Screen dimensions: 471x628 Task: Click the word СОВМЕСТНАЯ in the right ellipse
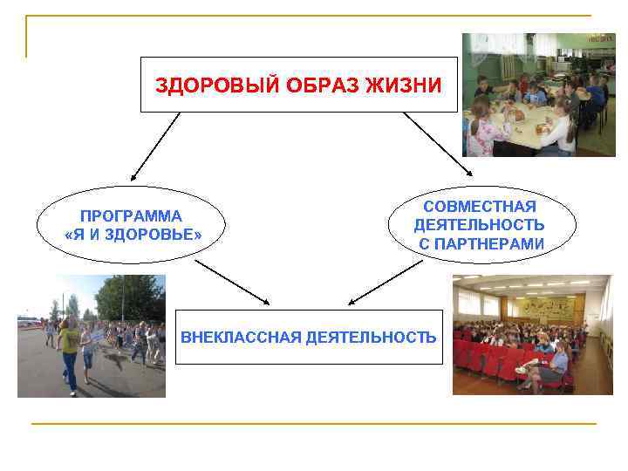coord(479,207)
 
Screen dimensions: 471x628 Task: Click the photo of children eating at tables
coord(538,94)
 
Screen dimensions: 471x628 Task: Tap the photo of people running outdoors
coord(92,336)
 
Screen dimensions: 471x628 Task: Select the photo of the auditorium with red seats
coord(532,334)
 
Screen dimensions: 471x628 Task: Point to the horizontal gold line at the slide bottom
coord(314,424)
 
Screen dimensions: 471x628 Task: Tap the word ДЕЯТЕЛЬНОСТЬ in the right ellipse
coord(479,226)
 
